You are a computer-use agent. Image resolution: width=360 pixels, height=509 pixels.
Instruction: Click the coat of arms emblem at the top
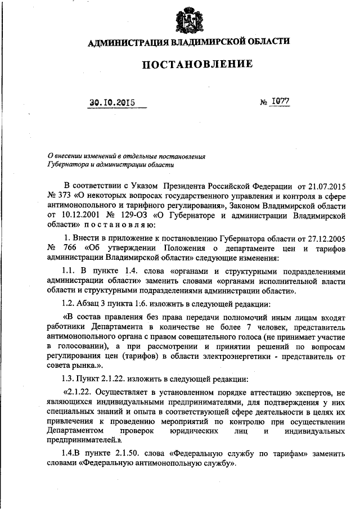[x=186, y=18]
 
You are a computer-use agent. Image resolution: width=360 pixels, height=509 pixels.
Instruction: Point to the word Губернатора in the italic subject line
[x=66, y=164]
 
